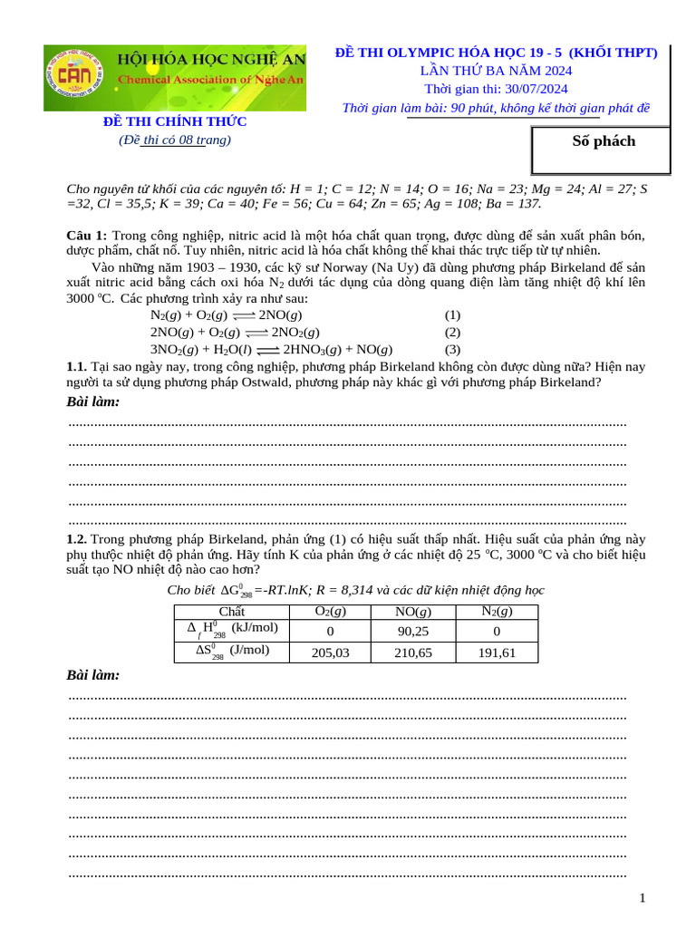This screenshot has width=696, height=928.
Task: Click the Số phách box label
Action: [x=604, y=141]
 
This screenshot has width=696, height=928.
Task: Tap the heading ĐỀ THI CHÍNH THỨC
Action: [x=173, y=121]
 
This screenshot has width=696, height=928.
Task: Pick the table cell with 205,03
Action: [x=331, y=652]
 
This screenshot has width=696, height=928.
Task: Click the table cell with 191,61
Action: [x=497, y=652]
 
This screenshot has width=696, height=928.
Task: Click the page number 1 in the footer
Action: [x=643, y=898]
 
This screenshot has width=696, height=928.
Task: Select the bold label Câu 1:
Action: [x=87, y=236]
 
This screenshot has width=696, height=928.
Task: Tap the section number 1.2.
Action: [x=77, y=539]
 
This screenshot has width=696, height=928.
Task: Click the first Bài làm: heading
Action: [x=93, y=401]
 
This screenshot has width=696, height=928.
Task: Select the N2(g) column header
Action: [x=497, y=612]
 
